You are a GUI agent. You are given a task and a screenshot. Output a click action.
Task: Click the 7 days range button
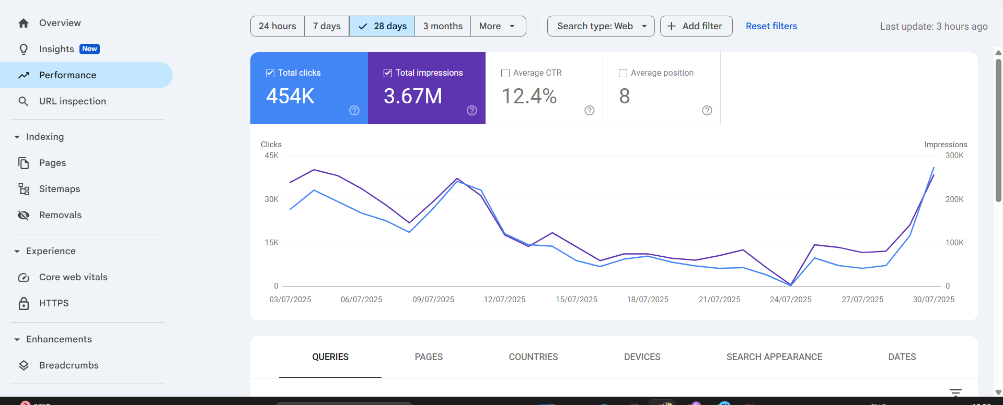(327, 26)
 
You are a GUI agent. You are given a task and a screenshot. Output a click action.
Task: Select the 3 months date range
(443, 26)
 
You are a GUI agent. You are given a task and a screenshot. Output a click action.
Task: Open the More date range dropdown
(498, 26)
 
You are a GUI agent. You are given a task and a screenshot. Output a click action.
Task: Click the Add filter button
(696, 26)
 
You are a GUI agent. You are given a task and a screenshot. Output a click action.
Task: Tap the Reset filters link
(771, 26)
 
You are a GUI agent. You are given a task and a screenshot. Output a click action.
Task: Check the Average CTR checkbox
(505, 73)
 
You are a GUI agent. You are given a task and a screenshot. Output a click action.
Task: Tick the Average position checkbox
(623, 73)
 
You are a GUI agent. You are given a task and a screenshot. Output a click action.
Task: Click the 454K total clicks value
(290, 96)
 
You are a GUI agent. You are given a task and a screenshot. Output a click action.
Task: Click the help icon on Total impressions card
(471, 110)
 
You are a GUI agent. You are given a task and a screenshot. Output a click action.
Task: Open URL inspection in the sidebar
(72, 101)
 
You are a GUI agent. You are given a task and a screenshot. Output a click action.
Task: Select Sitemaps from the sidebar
(59, 189)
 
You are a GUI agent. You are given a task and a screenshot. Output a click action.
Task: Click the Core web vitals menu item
(73, 277)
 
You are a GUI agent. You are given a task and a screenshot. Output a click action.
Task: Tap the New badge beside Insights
(89, 49)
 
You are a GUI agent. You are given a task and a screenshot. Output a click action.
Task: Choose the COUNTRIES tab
(533, 357)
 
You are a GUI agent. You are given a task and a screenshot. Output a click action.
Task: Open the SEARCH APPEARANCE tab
(774, 357)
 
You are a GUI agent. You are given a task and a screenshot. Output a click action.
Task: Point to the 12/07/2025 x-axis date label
(504, 300)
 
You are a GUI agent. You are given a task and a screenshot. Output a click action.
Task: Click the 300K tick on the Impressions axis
(954, 156)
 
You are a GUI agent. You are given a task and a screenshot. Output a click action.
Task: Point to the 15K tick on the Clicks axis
(271, 243)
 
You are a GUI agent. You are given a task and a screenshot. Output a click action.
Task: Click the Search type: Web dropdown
(601, 26)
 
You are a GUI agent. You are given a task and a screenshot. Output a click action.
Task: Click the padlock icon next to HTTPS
(24, 303)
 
